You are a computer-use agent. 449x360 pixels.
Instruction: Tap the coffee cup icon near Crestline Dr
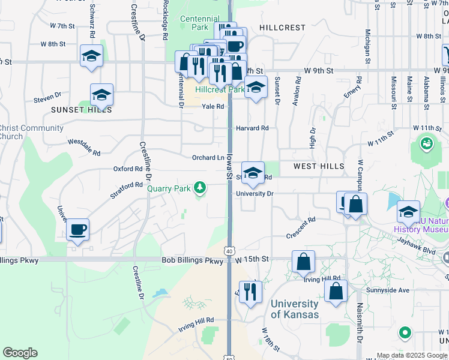[x=78, y=229]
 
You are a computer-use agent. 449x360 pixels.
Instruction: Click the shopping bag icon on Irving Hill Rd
[x=304, y=261]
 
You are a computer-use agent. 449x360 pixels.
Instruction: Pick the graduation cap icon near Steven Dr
[x=102, y=95]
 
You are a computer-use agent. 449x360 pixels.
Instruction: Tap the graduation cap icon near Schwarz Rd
[x=91, y=56]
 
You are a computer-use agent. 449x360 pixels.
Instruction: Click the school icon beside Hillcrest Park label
[x=256, y=87]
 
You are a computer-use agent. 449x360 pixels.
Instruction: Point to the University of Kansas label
[x=294, y=309]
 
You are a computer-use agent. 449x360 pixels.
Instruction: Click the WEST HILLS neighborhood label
[x=319, y=166]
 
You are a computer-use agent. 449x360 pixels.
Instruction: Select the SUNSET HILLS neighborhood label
[x=81, y=110]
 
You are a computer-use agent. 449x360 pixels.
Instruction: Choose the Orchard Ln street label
[x=208, y=158]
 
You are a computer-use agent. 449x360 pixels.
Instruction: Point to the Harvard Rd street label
[x=252, y=128]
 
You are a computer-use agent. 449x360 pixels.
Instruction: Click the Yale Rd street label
[x=212, y=106]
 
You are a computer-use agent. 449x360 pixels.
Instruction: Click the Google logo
[x=20, y=353]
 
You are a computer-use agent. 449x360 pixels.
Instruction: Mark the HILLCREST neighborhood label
[x=282, y=28]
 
